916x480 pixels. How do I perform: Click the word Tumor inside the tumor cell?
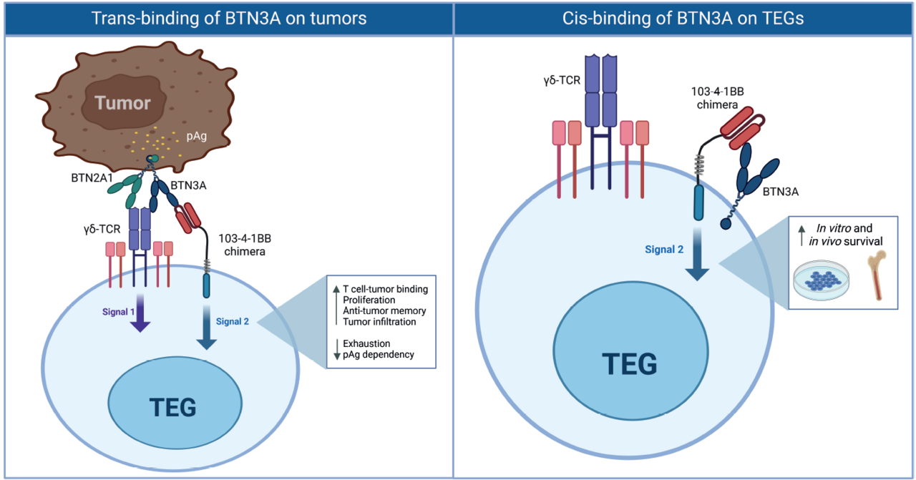pos(123,103)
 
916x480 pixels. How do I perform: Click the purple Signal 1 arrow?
pos(141,315)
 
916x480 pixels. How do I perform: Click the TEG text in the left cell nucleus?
pos(172,408)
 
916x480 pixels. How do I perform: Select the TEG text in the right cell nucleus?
pos(630,364)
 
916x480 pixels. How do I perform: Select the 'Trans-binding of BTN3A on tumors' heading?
pos(229,18)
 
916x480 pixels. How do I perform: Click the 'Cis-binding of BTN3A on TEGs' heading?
pos(683,18)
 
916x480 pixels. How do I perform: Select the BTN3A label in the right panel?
pos(781,192)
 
